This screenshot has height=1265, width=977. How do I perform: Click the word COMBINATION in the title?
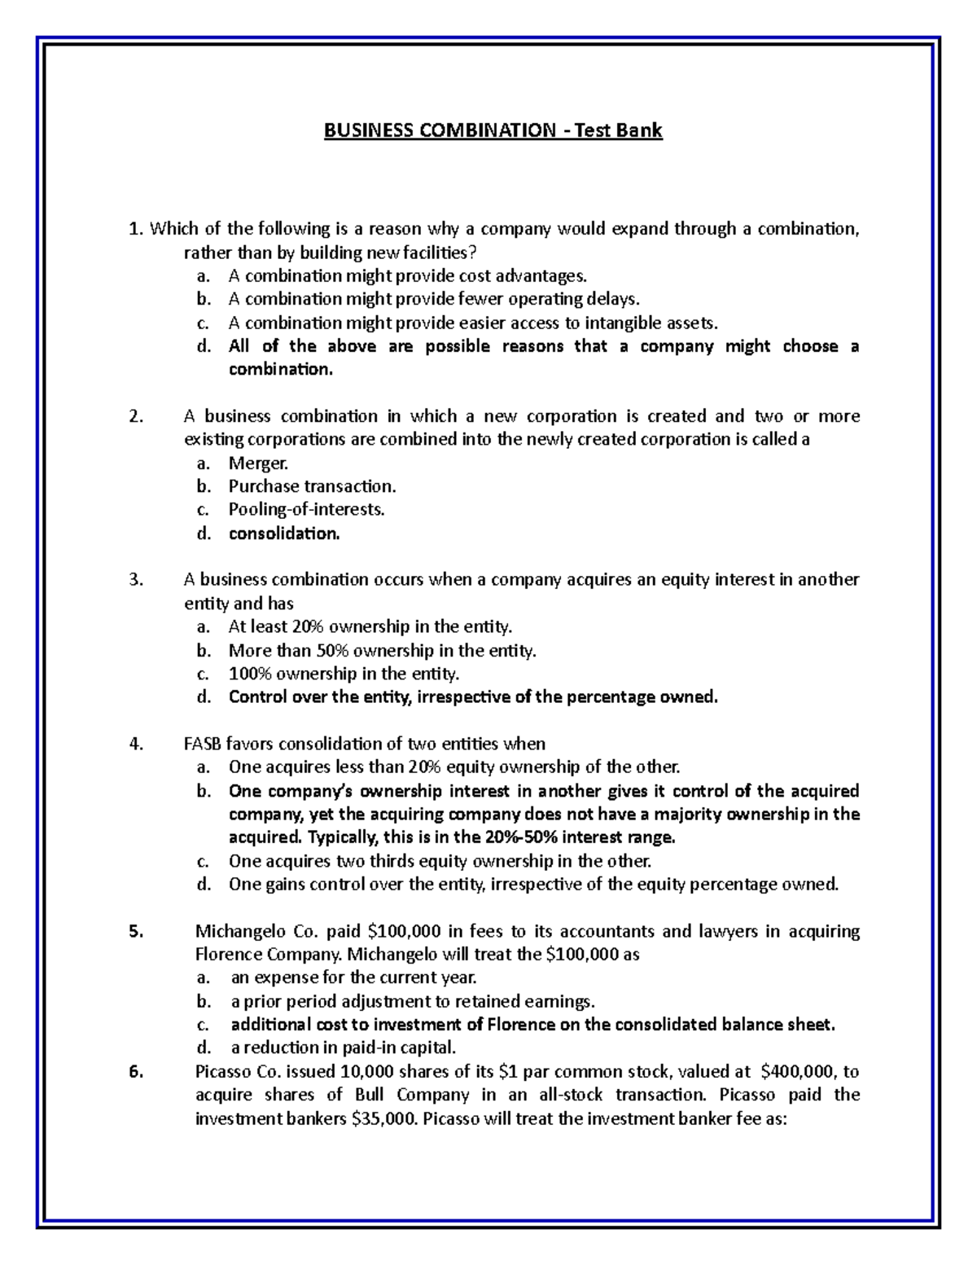(x=481, y=130)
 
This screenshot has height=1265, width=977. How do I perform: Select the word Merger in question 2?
(x=258, y=463)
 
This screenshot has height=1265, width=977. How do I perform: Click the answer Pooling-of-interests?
(x=306, y=510)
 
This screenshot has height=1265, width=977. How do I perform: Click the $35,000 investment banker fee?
(x=383, y=1118)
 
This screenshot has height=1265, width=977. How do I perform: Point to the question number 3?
(x=134, y=580)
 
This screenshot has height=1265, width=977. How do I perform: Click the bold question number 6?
(x=135, y=1072)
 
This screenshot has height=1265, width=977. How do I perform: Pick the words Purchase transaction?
(x=312, y=486)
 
